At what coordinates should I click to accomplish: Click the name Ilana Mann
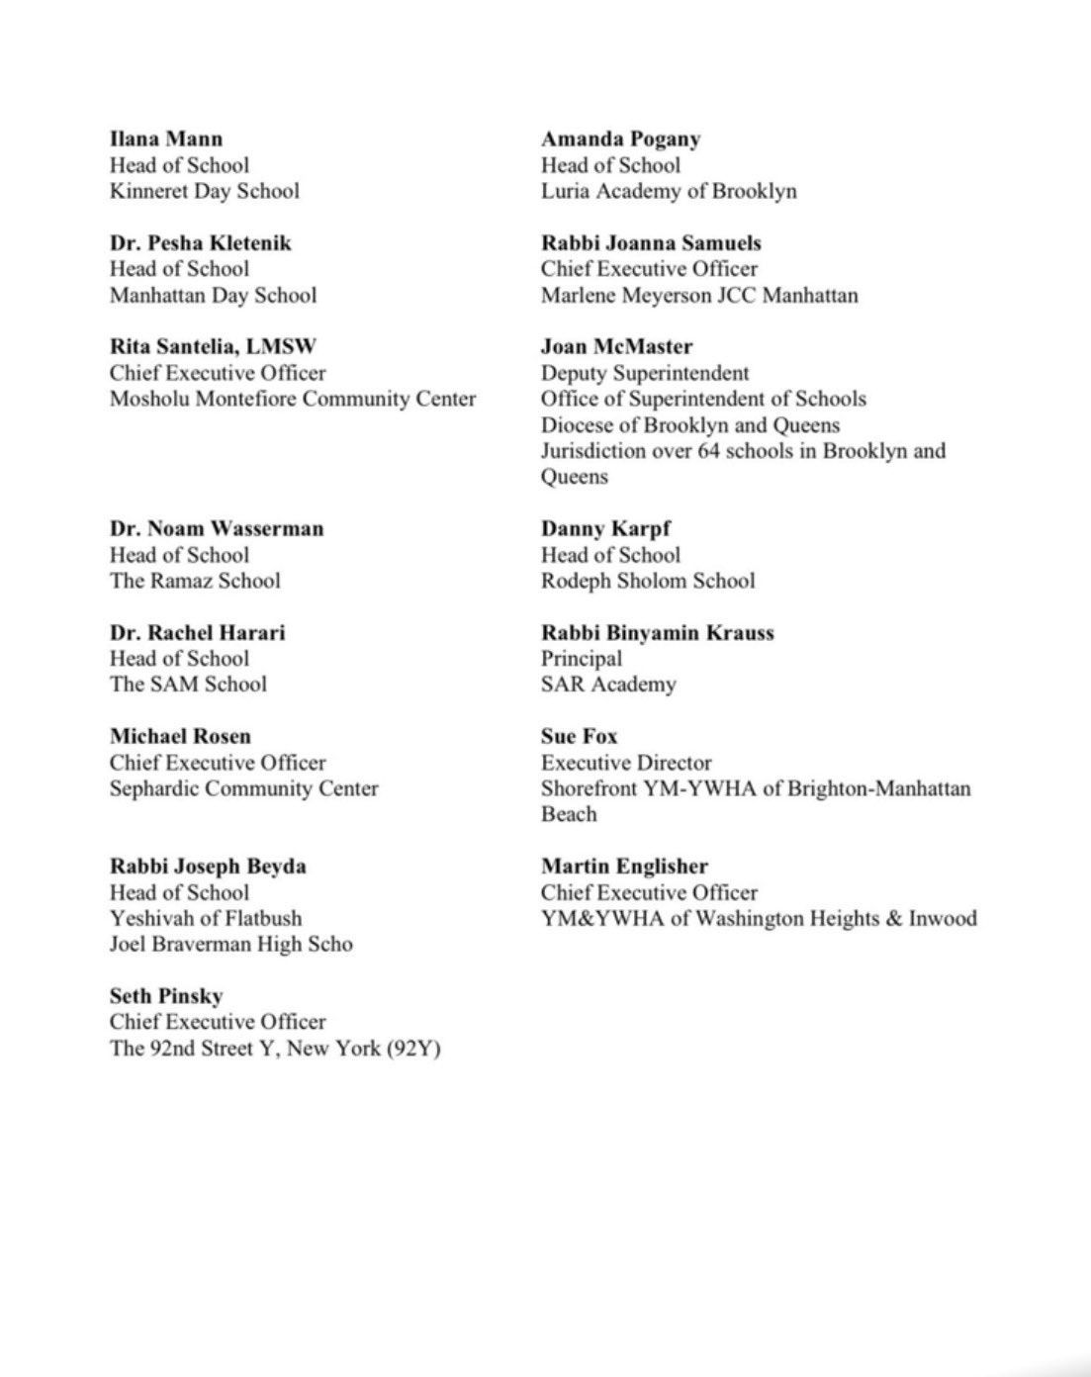pos(166,138)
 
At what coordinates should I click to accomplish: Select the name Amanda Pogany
pos(620,138)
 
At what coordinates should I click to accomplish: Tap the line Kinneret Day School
pos(204,191)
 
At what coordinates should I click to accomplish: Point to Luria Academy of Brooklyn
pos(668,191)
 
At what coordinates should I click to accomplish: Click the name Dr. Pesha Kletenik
pos(200,242)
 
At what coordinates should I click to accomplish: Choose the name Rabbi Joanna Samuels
pos(651,242)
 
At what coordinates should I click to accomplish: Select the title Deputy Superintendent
pos(645,373)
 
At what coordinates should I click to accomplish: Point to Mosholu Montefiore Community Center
pos(293,399)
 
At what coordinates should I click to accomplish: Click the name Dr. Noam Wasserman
pos(217,528)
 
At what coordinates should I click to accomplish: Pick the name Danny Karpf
pos(605,528)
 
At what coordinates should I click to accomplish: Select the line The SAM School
pos(188,684)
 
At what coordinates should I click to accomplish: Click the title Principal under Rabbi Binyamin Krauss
pos(582,658)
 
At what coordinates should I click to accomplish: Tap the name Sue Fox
pos(579,736)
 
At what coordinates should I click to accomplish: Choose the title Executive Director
pos(626,763)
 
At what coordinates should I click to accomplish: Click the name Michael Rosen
pos(180,736)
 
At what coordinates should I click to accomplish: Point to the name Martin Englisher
pos(624,866)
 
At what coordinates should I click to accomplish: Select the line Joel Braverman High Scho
pos(230,944)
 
